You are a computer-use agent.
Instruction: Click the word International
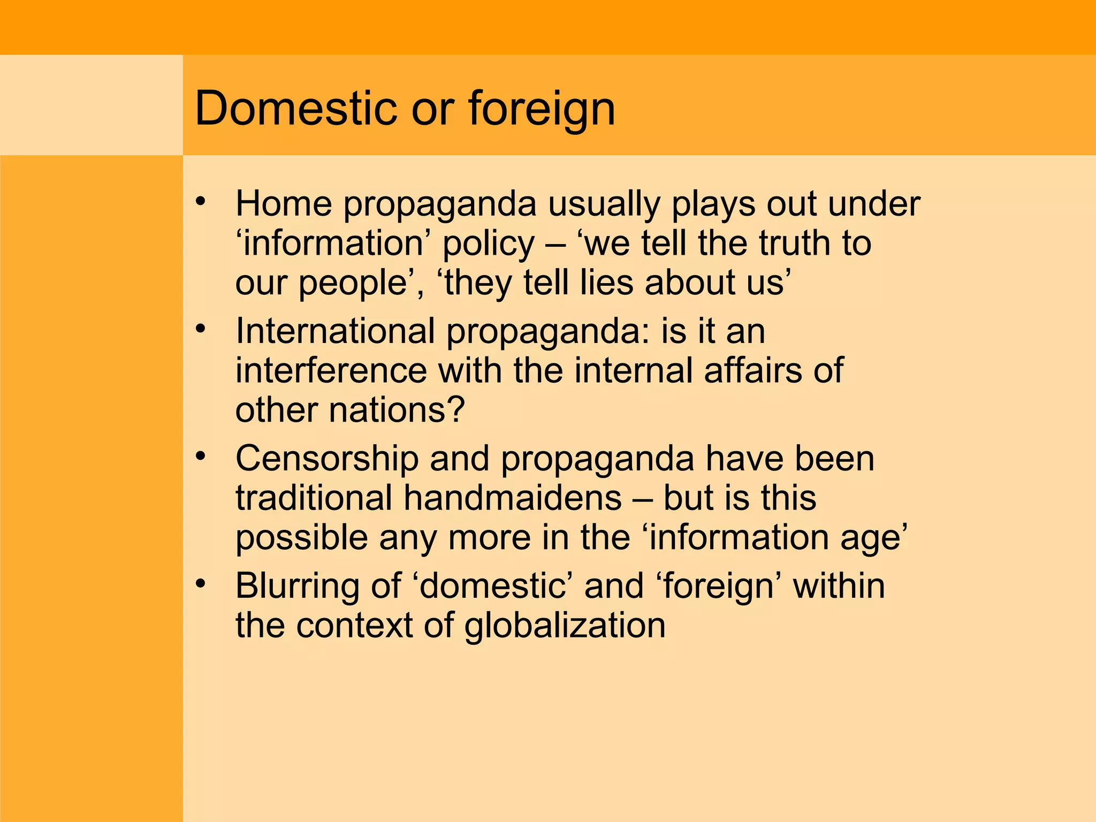click(x=335, y=331)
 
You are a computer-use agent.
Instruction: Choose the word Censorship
click(x=327, y=459)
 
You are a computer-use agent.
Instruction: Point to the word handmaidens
click(x=512, y=498)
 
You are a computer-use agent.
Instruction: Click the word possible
click(x=301, y=538)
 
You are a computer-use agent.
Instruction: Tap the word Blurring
click(x=297, y=587)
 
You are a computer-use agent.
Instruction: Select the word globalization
click(x=565, y=626)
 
